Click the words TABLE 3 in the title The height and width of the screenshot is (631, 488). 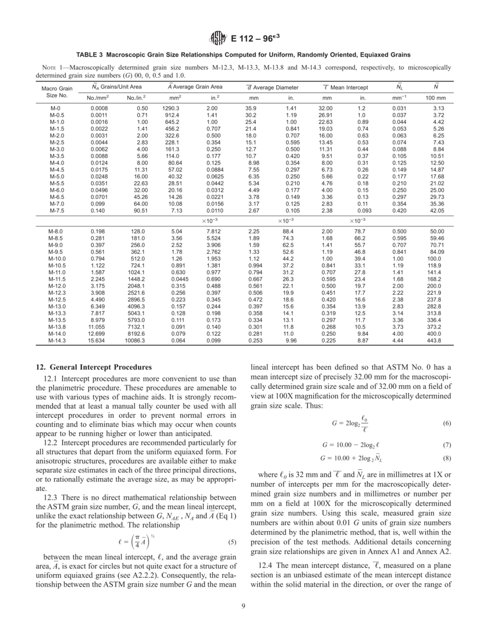coord(89,55)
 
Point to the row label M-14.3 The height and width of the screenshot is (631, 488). coord(57,339)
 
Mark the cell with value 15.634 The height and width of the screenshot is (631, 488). coord(98,339)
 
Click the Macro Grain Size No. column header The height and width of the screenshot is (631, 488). coord(57,91)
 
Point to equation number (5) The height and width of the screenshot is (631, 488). coord(233,542)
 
